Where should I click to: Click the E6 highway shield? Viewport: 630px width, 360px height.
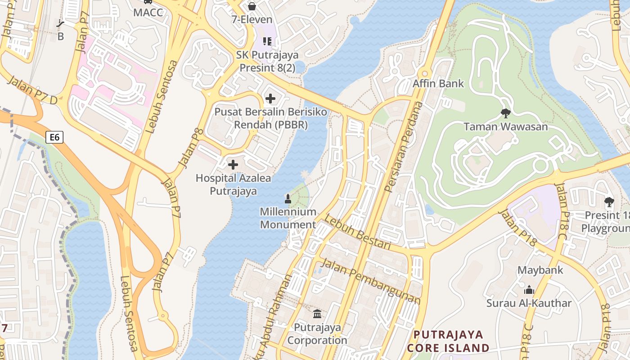[x=54, y=137]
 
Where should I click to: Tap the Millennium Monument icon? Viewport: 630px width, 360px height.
[x=288, y=198]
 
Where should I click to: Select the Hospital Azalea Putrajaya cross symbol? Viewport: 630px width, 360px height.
[x=233, y=165]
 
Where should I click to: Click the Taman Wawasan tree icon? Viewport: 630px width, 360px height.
[x=505, y=113]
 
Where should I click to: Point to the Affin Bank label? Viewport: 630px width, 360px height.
[x=438, y=83]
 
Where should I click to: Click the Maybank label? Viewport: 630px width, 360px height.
[x=540, y=270]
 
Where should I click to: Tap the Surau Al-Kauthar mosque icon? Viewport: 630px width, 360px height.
[x=529, y=290]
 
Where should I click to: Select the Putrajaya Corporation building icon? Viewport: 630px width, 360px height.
[x=317, y=314]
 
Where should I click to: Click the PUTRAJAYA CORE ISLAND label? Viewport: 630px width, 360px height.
[x=448, y=341]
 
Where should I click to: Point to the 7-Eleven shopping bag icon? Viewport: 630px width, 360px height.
[x=252, y=6]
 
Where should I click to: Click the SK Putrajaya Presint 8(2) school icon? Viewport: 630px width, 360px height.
[x=267, y=42]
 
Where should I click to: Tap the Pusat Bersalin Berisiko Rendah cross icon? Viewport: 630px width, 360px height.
[x=270, y=98]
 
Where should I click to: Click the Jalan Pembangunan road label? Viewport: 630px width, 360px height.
[x=371, y=282]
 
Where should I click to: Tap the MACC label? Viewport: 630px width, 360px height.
[x=148, y=12]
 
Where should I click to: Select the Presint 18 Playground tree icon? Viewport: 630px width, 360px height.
[x=609, y=202]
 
